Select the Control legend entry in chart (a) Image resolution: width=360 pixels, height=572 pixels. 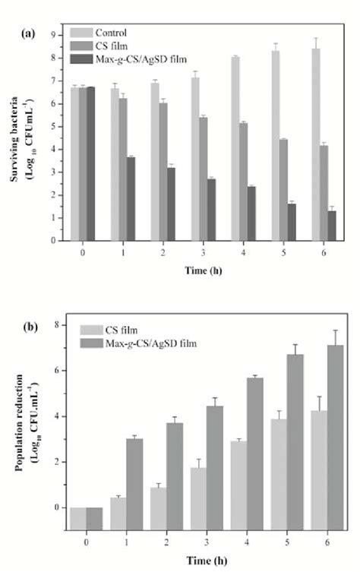click(110, 32)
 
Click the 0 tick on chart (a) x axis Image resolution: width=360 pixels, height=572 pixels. click(81, 250)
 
